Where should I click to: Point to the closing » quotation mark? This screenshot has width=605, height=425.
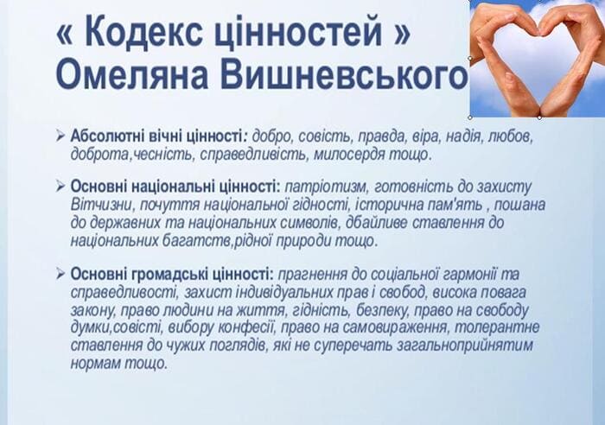[x=401, y=34]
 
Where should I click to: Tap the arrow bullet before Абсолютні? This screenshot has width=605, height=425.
[x=60, y=136]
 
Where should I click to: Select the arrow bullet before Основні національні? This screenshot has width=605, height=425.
[x=60, y=187]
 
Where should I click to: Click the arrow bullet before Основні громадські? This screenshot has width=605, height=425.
[x=60, y=274]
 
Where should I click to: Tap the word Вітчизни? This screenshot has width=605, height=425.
[x=101, y=205]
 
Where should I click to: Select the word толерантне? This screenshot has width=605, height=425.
[x=497, y=327]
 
